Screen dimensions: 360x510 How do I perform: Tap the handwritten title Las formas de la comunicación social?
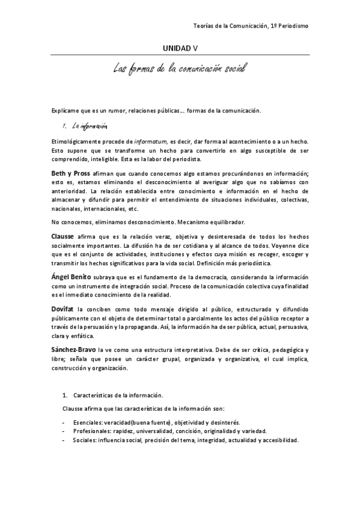tap(180, 69)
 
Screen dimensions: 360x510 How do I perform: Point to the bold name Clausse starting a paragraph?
tap(63, 235)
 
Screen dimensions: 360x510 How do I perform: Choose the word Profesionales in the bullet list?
tap(93, 431)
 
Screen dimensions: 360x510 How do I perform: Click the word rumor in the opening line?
tap(106, 111)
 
